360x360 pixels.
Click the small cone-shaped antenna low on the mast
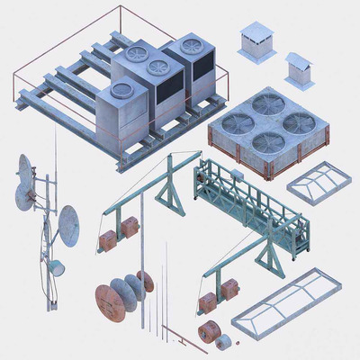[x=55, y=266]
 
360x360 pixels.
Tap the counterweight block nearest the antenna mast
[x=108, y=241]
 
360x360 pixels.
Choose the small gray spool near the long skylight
[x=226, y=339]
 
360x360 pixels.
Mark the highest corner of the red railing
[x=118, y=7]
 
